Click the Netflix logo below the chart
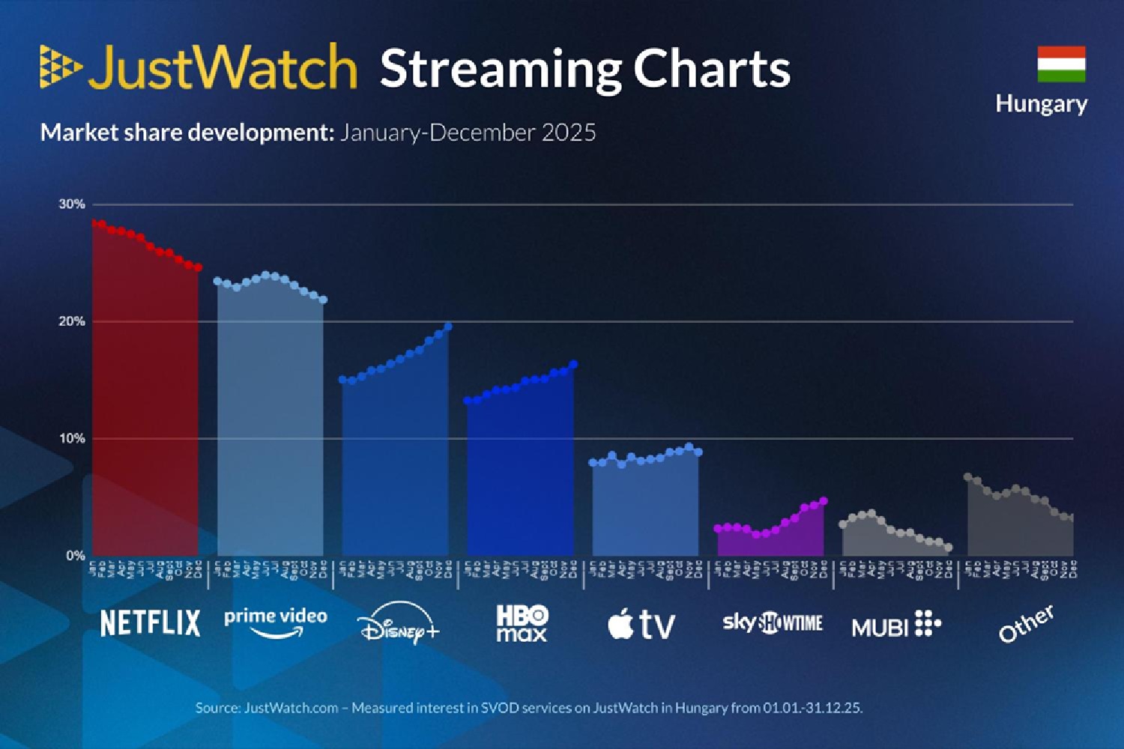pyautogui.click(x=150, y=623)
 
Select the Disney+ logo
pyautogui.click(x=398, y=623)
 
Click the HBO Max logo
pyautogui.click(x=522, y=623)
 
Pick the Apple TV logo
pyautogui.click(x=641, y=624)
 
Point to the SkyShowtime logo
pyautogui.click(x=772, y=622)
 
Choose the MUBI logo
pyautogui.click(x=896, y=624)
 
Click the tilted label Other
pyautogui.click(x=1026, y=623)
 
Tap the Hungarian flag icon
pyautogui.click(x=1061, y=64)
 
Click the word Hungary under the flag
pyautogui.click(x=1041, y=103)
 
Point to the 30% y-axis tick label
pyautogui.click(x=72, y=204)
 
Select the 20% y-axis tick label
pyautogui.click(x=72, y=321)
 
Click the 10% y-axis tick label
pyautogui.click(x=72, y=438)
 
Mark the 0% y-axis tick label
pyautogui.click(x=75, y=556)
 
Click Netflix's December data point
pyautogui.click(x=199, y=267)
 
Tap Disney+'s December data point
pyautogui.click(x=448, y=327)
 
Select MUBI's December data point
pyautogui.click(x=948, y=548)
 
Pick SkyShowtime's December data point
pyautogui.click(x=824, y=501)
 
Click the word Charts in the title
pyautogui.click(x=712, y=69)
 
